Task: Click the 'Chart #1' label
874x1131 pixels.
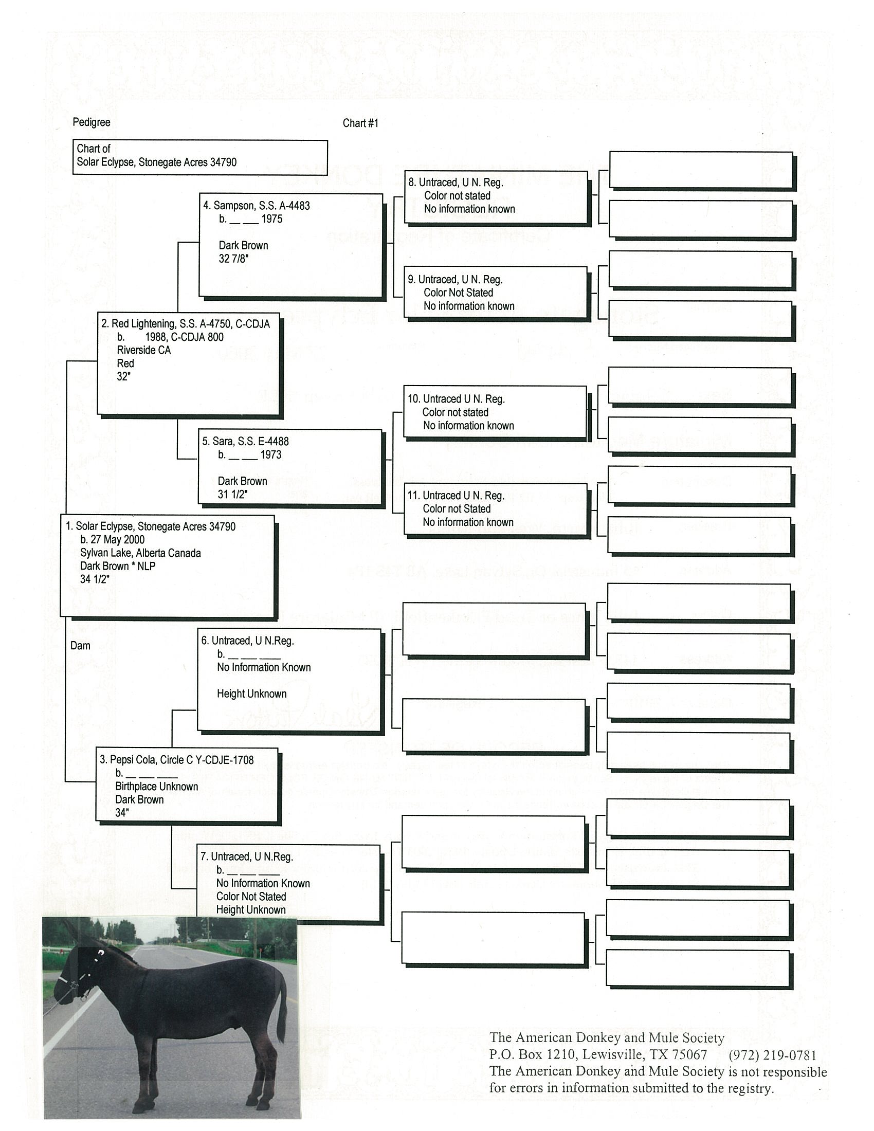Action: pyautogui.click(x=360, y=123)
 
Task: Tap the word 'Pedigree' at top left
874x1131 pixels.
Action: pyautogui.click(x=92, y=122)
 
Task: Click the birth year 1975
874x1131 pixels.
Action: pyautogui.click(x=272, y=219)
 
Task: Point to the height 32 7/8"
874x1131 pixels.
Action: pyautogui.click(x=233, y=259)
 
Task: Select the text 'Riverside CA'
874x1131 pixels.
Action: pyautogui.click(x=143, y=350)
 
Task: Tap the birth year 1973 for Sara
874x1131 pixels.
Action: pyautogui.click(x=271, y=454)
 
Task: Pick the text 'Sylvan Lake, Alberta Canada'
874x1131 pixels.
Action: pyautogui.click(x=140, y=553)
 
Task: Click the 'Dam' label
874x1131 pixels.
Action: pyautogui.click(x=80, y=646)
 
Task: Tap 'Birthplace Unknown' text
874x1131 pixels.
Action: pyautogui.click(x=156, y=786)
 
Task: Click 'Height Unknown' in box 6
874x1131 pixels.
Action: pyautogui.click(x=251, y=694)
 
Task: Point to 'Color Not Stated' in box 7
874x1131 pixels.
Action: pyautogui.click(x=251, y=896)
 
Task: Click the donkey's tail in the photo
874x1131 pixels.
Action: pyautogui.click(x=282, y=1005)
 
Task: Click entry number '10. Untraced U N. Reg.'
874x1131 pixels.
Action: pyautogui.click(x=456, y=399)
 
